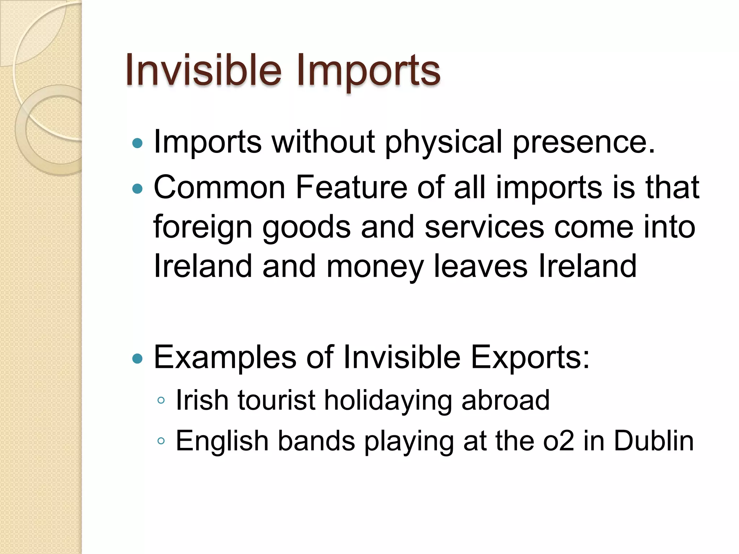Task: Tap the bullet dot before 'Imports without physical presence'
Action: click(x=137, y=144)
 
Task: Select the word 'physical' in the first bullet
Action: click(x=443, y=142)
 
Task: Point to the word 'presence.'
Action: click(x=583, y=142)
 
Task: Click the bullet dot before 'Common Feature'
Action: click(x=137, y=188)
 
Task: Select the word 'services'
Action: click(x=484, y=227)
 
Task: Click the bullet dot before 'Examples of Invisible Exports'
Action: click(x=137, y=359)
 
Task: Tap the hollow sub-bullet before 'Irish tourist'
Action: click(x=161, y=400)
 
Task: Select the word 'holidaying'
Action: click(x=388, y=401)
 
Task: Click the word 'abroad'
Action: click(x=506, y=400)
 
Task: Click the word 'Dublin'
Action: click(x=653, y=440)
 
